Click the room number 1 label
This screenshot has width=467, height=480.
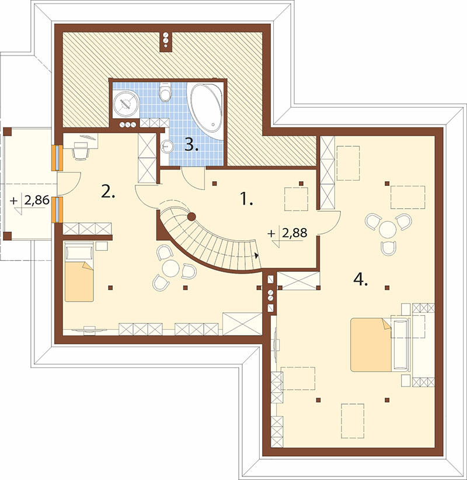(x=246, y=199)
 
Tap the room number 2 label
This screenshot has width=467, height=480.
(x=108, y=192)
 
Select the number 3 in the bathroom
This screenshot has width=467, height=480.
(x=191, y=144)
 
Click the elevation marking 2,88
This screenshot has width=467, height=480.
(x=294, y=233)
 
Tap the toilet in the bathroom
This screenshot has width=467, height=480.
(x=165, y=92)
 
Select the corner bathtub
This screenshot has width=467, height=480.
(x=205, y=111)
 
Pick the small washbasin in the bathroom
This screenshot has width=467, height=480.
(x=166, y=146)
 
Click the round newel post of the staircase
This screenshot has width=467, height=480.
(x=191, y=217)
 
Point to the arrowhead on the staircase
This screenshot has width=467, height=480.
(x=257, y=255)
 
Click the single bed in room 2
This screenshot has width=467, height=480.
(x=79, y=272)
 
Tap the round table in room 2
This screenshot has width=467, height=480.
(x=171, y=268)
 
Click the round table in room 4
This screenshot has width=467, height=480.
(x=388, y=229)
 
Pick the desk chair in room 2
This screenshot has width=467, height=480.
(x=81, y=153)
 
